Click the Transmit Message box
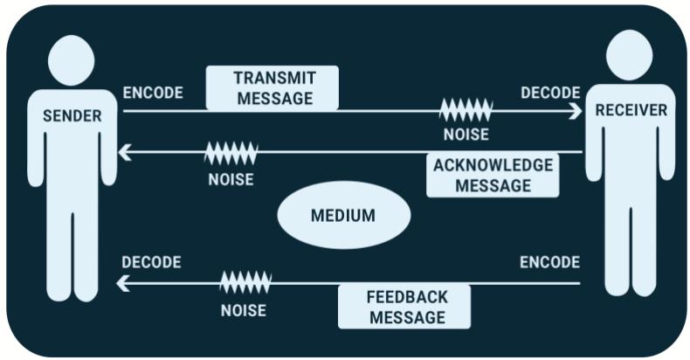273,88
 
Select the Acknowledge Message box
493,175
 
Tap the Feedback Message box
404,307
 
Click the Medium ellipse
344,215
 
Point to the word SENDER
72,115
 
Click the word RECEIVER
631,110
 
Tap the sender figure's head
72,60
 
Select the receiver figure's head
629,55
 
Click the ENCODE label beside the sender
153,93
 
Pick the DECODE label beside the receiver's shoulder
550,93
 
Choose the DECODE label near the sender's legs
151,262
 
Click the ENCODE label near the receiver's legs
549,262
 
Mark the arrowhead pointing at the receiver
576,111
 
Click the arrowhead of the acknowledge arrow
125,152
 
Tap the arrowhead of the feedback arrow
123,283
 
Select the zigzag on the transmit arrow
466,110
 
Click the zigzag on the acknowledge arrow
231,153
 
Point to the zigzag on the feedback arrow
245,282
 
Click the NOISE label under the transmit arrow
466,135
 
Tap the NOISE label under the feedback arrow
244,311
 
